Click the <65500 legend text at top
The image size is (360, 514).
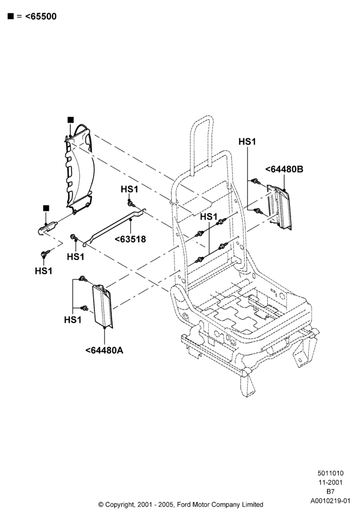tap(41, 16)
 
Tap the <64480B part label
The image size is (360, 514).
tap(284, 169)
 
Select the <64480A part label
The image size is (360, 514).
tap(104, 350)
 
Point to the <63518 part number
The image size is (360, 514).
tap(130, 239)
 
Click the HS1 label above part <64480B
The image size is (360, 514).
tap(247, 142)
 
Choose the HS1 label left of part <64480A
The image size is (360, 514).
tap(73, 319)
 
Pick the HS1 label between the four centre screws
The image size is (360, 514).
tap(209, 217)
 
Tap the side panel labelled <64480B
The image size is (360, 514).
tap(279, 207)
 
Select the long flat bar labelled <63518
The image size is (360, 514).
tap(115, 226)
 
